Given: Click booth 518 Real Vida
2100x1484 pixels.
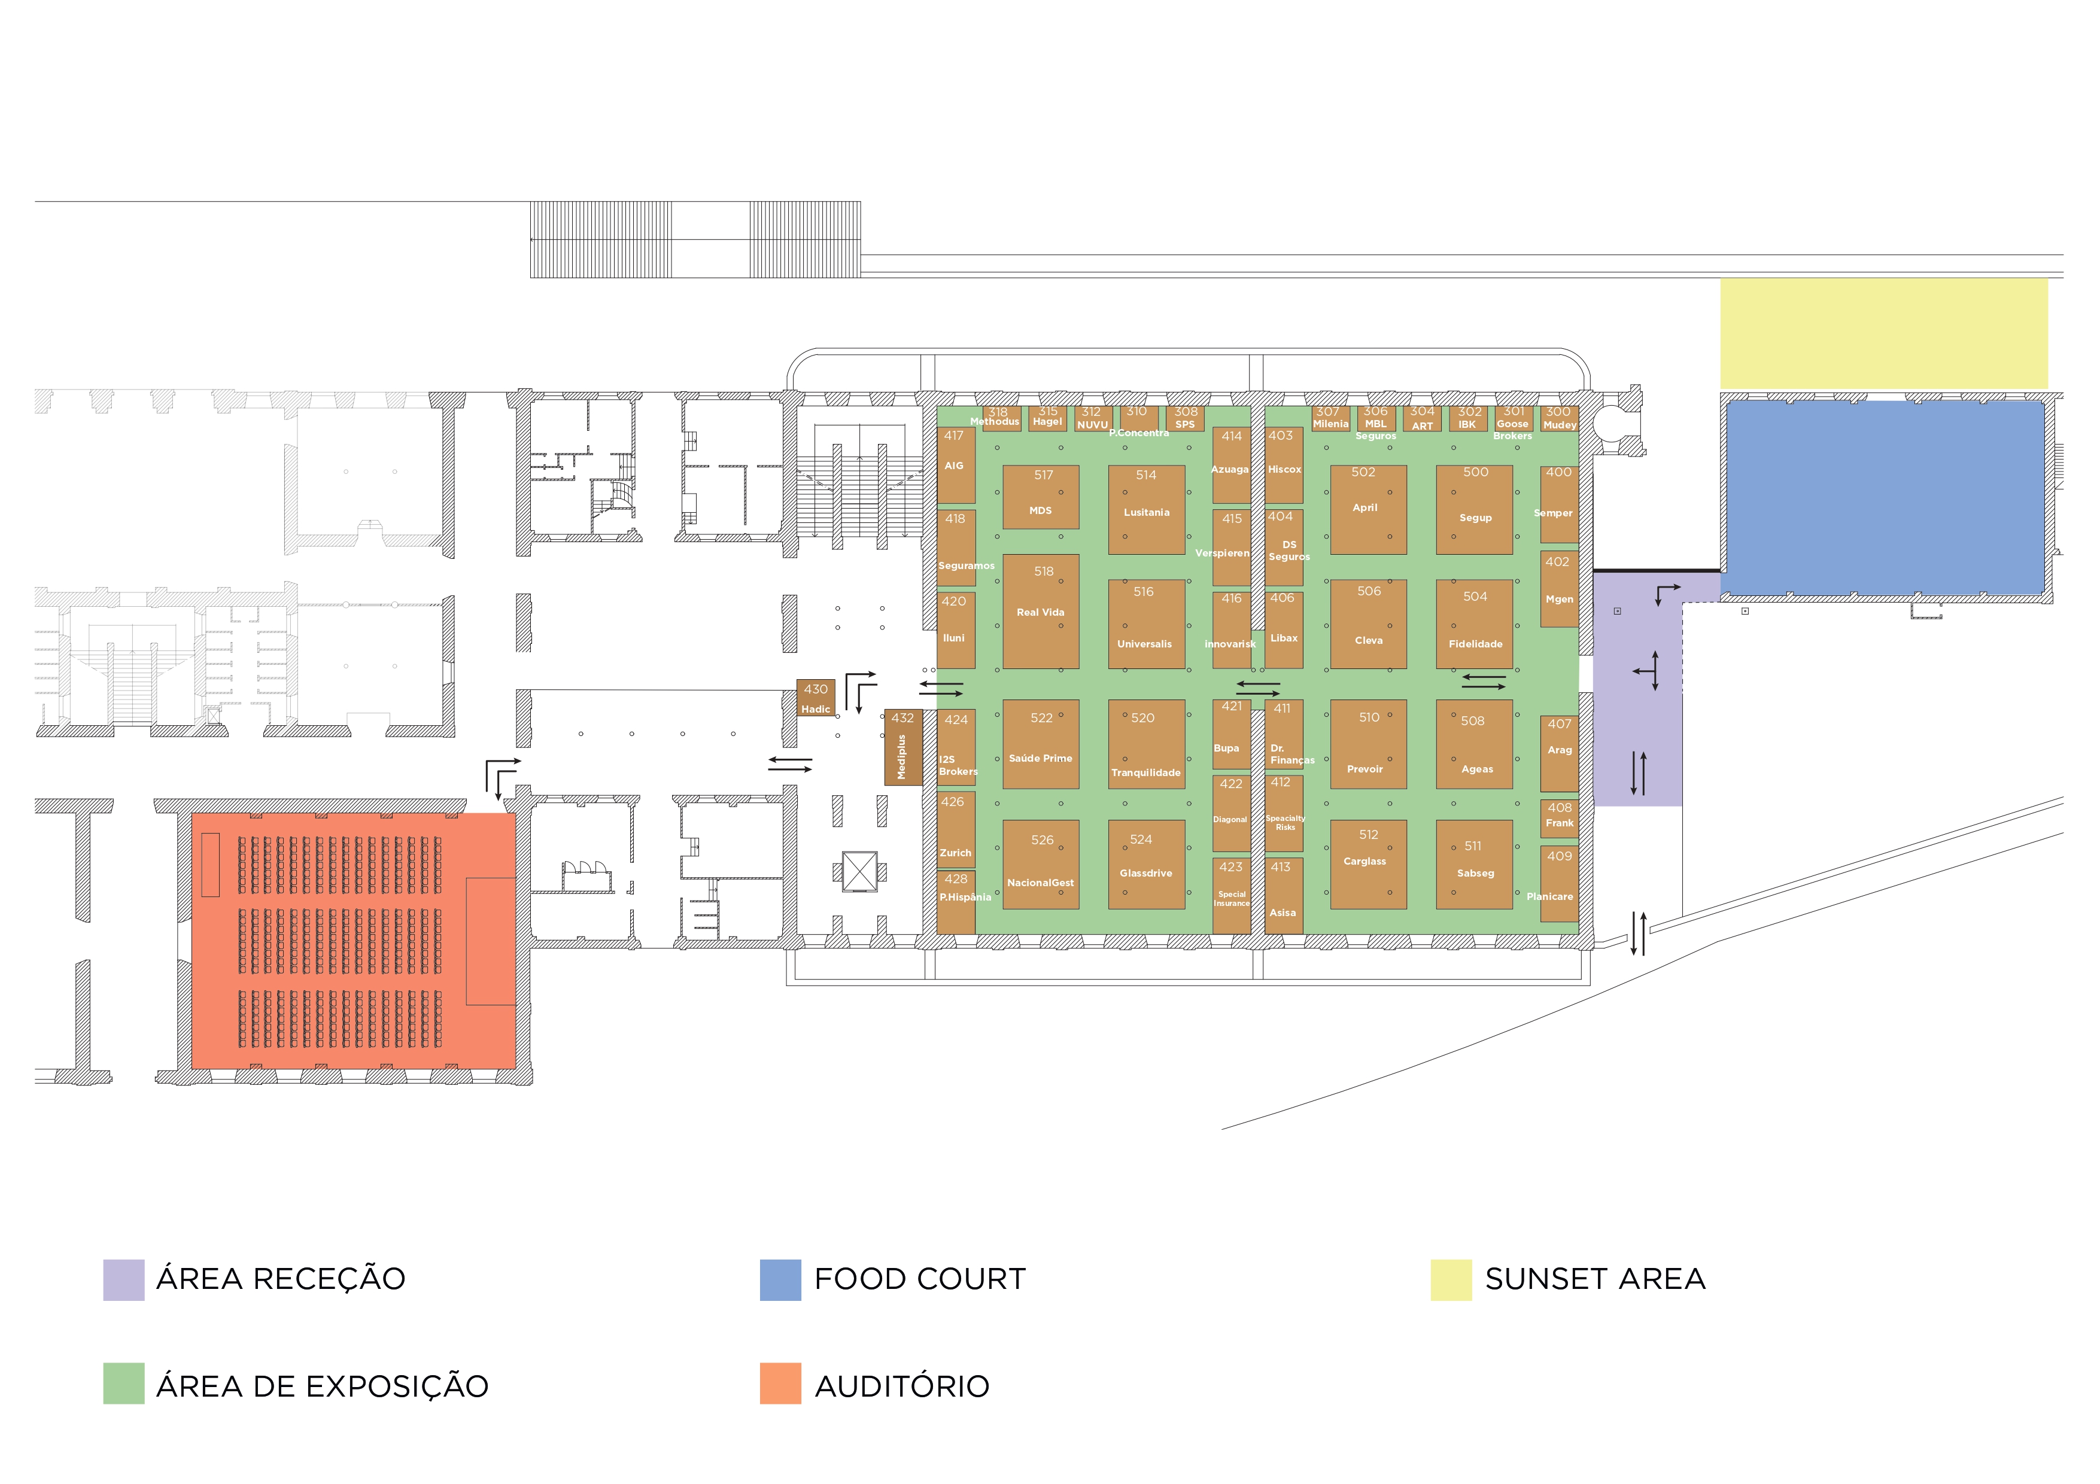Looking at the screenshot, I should click(1041, 611).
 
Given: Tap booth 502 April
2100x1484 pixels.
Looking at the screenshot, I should click(1368, 509).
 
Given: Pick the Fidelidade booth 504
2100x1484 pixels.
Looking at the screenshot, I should click(1475, 624).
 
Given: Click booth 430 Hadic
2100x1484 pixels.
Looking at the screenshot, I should click(816, 698).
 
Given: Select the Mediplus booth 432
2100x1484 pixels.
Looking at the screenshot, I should click(902, 747).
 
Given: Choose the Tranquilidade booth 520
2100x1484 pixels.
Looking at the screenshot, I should click(1146, 744).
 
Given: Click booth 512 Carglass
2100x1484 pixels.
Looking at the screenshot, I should click(1368, 864).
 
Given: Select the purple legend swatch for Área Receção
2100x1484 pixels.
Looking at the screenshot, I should click(123, 1279).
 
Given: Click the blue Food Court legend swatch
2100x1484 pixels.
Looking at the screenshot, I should click(780, 1279).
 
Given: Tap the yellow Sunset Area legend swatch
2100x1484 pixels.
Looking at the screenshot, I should click(1451, 1279).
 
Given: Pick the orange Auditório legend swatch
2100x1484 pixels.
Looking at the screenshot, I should click(780, 1383).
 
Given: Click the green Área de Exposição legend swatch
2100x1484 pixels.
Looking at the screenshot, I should click(123, 1383).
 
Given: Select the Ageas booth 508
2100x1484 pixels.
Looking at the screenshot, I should click(1475, 744).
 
